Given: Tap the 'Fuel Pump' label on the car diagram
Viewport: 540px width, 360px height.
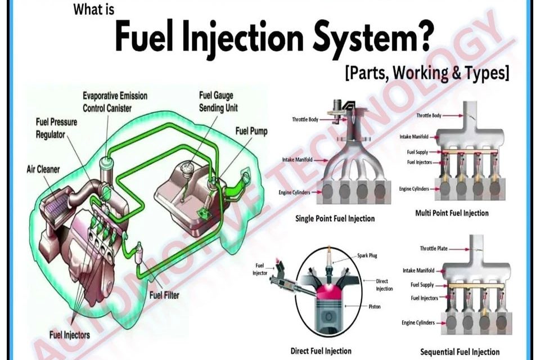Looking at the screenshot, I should pyautogui.click(x=251, y=131).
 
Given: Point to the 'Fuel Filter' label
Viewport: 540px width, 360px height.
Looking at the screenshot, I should pyautogui.click(x=165, y=294).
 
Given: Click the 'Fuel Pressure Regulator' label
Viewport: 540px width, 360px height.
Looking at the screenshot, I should pyautogui.click(x=56, y=128).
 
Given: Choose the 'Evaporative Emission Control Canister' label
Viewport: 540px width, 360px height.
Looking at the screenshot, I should pyautogui.click(x=115, y=101).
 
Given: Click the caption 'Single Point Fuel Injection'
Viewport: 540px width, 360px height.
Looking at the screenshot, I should pyautogui.click(x=335, y=219).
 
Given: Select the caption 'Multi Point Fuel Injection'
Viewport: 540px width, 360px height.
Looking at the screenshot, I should pyautogui.click(x=452, y=213).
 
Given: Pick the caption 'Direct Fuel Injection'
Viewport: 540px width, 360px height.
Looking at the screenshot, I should pyautogui.click(x=321, y=351).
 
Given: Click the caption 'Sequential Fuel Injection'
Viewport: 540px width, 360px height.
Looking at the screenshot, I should pyautogui.click(x=460, y=352).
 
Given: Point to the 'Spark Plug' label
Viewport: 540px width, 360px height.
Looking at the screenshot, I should pyautogui.click(x=367, y=255).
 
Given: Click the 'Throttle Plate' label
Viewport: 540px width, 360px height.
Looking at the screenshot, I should pyautogui.click(x=434, y=249).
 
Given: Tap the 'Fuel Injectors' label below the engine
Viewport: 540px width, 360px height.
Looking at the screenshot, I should pyautogui.click(x=70, y=335).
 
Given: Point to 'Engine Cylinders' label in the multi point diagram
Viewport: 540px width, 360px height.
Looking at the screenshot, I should pyautogui.click(x=414, y=189).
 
